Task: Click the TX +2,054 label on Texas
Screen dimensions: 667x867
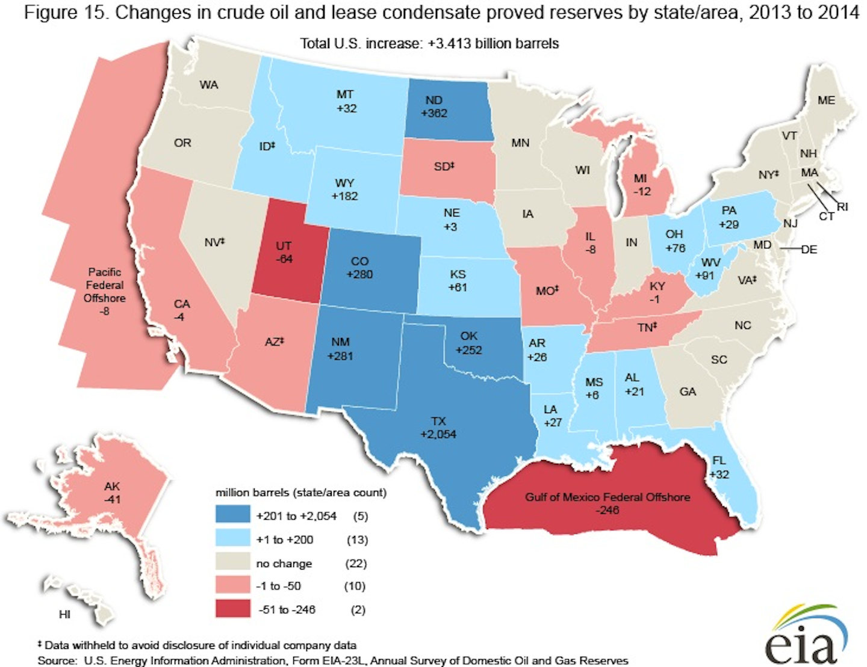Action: (438, 428)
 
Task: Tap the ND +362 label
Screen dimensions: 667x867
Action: (434, 106)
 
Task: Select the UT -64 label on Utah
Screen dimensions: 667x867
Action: (284, 252)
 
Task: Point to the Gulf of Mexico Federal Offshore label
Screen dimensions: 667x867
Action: (608, 503)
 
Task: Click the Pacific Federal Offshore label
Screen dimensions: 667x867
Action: (105, 291)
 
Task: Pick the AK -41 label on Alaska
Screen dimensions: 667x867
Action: (112, 493)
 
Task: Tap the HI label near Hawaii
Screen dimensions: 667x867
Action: (64, 614)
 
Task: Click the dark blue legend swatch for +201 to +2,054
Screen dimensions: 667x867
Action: (232, 515)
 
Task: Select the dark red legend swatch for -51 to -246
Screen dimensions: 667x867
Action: (232, 609)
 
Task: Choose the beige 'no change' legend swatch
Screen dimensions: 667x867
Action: (232, 563)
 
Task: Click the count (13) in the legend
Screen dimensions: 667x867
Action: (357, 539)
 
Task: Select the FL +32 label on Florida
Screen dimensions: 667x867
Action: (719, 467)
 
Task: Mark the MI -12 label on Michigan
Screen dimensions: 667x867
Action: (641, 185)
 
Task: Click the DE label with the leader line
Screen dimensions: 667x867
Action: (809, 250)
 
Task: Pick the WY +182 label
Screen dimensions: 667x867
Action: (344, 189)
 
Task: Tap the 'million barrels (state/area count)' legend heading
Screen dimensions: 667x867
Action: (301, 493)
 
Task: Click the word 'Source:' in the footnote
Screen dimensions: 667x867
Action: (57, 660)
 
